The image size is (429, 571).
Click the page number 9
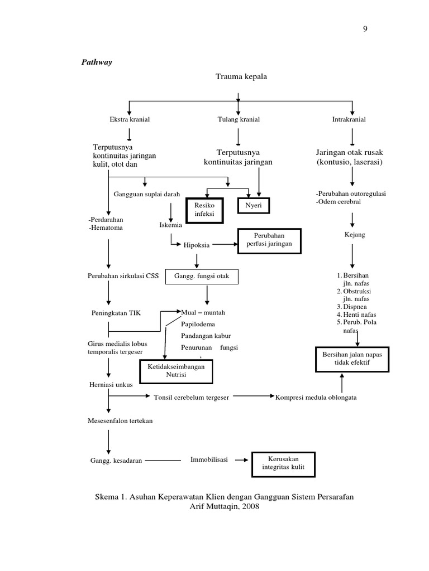click(x=365, y=30)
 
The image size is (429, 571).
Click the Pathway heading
click(x=97, y=62)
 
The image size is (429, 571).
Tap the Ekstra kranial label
click(x=130, y=119)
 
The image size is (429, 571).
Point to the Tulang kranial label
click(x=239, y=119)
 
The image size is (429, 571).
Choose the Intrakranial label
click(x=349, y=119)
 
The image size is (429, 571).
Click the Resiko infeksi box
click(x=204, y=210)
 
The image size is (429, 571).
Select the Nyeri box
click(x=254, y=206)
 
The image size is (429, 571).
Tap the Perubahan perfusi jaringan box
click(x=269, y=240)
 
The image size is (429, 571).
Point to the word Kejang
click(x=355, y=235)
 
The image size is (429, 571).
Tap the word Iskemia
click(x=170, y=225)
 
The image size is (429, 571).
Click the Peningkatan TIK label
click(x=116, y=313)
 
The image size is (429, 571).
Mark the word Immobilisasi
click(x=209, y=459)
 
